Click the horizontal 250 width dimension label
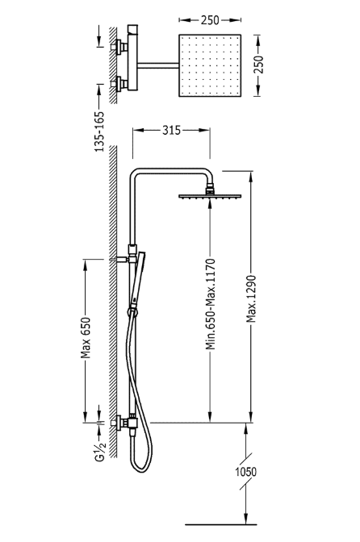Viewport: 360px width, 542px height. pos(210,20)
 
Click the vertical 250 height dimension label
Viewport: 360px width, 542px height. pos(259,65)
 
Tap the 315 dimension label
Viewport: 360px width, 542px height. pos(172,131)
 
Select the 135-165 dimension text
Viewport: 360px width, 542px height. pos(99,131)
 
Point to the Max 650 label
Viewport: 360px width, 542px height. pos(85,338)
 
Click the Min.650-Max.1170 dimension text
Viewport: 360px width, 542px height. pos(211,304)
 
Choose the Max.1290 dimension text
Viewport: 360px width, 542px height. pos(251,298)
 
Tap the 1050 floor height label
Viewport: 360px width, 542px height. pos(246,472)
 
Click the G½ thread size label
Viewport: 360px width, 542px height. pos(99,451)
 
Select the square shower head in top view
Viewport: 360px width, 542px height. pos(210,65)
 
